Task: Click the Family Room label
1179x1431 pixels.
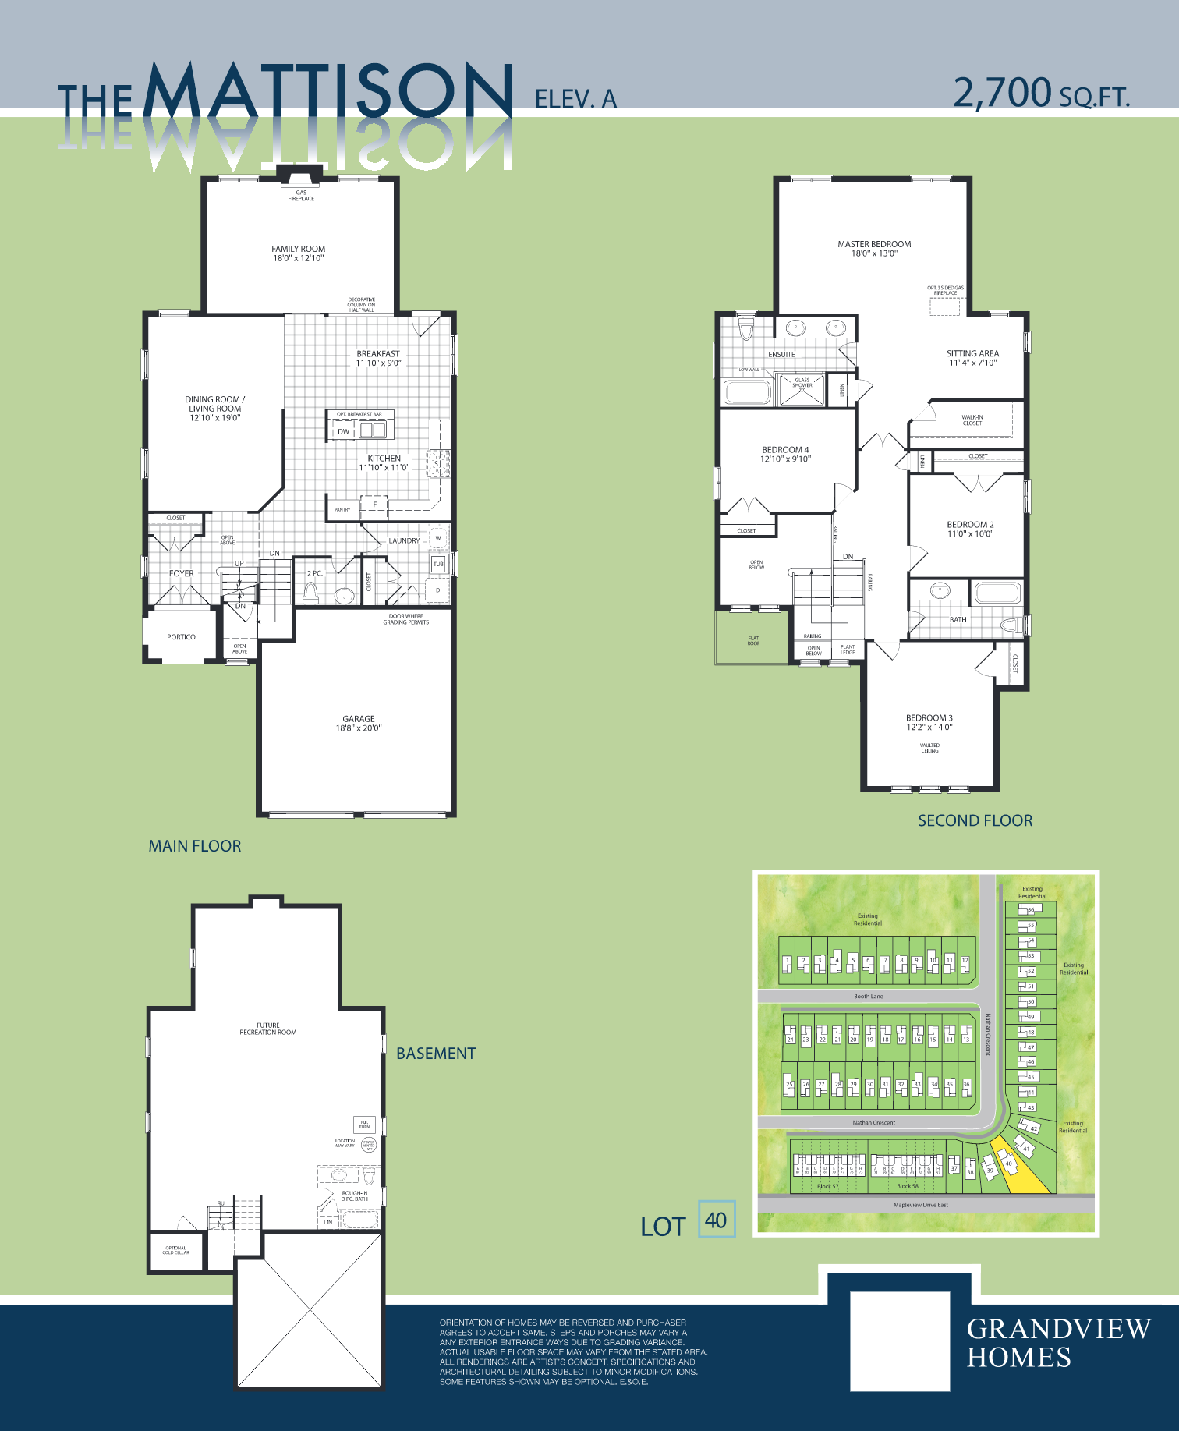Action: (x=299, y=250)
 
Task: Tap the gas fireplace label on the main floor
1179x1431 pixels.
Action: (x=301, y=195)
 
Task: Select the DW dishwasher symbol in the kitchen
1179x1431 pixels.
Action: (x=343, y=431)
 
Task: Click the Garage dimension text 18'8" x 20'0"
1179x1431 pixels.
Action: (x=359, y=728)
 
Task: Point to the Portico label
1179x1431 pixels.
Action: (x=181, y=637)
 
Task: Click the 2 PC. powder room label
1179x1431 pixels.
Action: (x=314, y=573)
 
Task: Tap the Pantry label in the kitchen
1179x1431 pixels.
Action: (x=342, y=509)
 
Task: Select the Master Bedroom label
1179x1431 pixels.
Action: (x=874, y=244)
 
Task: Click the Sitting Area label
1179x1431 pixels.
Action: (x=972, y=353)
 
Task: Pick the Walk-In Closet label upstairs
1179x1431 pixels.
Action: (x=972, y=420)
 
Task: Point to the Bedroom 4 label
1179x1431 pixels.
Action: (x=785, y=450)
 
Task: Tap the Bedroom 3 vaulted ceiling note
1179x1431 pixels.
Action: (x=929, y=748)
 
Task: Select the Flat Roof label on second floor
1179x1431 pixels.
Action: (x=753, y=641)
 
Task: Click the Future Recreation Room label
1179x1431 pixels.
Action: (x=267, y=1029)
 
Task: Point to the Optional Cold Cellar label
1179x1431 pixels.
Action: (x=175, y=1250)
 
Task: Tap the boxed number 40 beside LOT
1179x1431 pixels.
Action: (x=716, y=1220)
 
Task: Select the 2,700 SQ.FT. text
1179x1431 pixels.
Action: (x=1041, y=94)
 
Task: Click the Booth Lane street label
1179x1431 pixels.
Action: (x=868, y=997)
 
